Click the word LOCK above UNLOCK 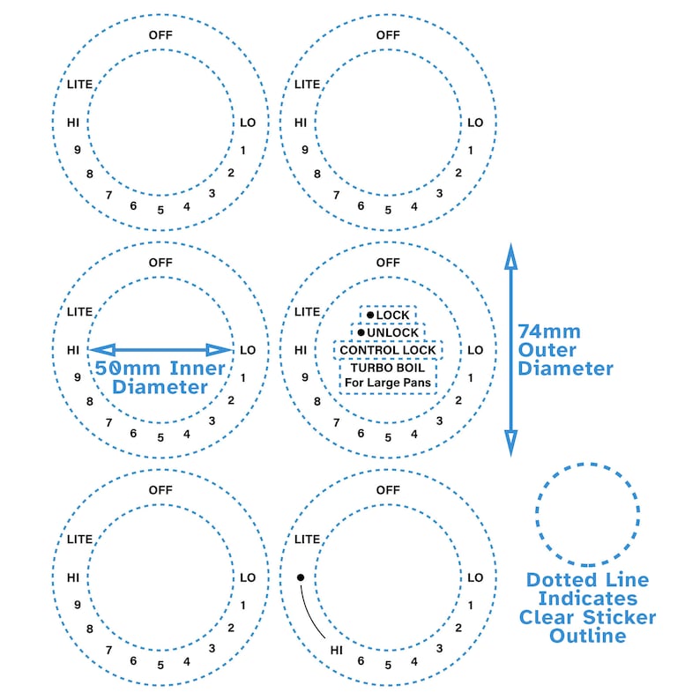pyautogui.click(x=392, y=316)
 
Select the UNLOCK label pyautogui.click(x=393, y=332)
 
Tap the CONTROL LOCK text pyautogui.click(x=388, y=350)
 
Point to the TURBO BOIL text pyautogui.click(x=388, y=368)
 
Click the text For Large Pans pyautogui.click(x=388, y=383)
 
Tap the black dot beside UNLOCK pyautogui.click(x=361, y=332)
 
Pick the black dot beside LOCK pyautogui.click(x=370, y=316)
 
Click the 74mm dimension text pyautogui.click(x=549, y=331)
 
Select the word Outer pyautogui.click(x=547, y=350)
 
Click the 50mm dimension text pyautogui.click(x=127, y=369)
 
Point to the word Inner pyautogui.click(x=197, y=369)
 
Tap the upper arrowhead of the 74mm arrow pyautogui.click(x=511, y=257)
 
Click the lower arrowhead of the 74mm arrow pyautogui.click(x=511, y=443)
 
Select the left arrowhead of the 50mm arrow pyautogui.click(x=101, y=350)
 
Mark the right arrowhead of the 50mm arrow pyautogui.click(x=220, y=350)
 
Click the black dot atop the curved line pyautogui.click(x=301, y=577)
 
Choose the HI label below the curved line pyautogui.click(x=337, y=651)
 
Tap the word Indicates pyautogui.click(x=587, y=599)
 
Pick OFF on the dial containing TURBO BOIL pyautogui.click(x=388, y=263)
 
